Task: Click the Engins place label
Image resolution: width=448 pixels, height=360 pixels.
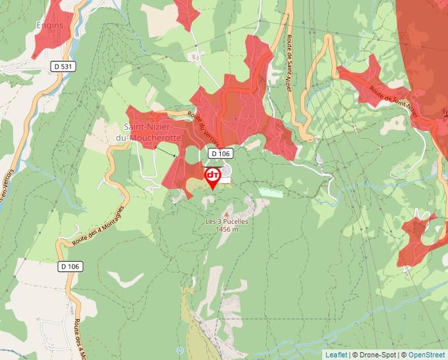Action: tap(50, 26)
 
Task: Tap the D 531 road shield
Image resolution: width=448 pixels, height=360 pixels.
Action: tap(63, 66)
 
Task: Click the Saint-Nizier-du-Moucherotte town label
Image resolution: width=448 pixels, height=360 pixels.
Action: tap(152, 132)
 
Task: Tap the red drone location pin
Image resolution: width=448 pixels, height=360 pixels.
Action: tap(213, 176)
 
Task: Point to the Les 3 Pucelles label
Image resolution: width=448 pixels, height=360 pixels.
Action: tap(227, 222)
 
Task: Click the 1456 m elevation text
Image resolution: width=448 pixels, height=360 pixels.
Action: tap(227, 230)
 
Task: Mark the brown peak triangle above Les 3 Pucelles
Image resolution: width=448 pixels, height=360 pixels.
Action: tap(227, 214)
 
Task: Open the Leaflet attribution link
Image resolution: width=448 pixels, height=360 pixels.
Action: tap(336, 355)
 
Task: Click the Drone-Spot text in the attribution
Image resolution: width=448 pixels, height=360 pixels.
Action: tap(378, 355)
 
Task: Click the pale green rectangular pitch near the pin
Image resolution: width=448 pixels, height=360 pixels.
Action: tap(270, 192)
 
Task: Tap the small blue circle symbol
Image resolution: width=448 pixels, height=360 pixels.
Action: tap(180, 350)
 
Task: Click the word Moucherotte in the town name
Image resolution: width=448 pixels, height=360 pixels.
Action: tap(153, 138)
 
